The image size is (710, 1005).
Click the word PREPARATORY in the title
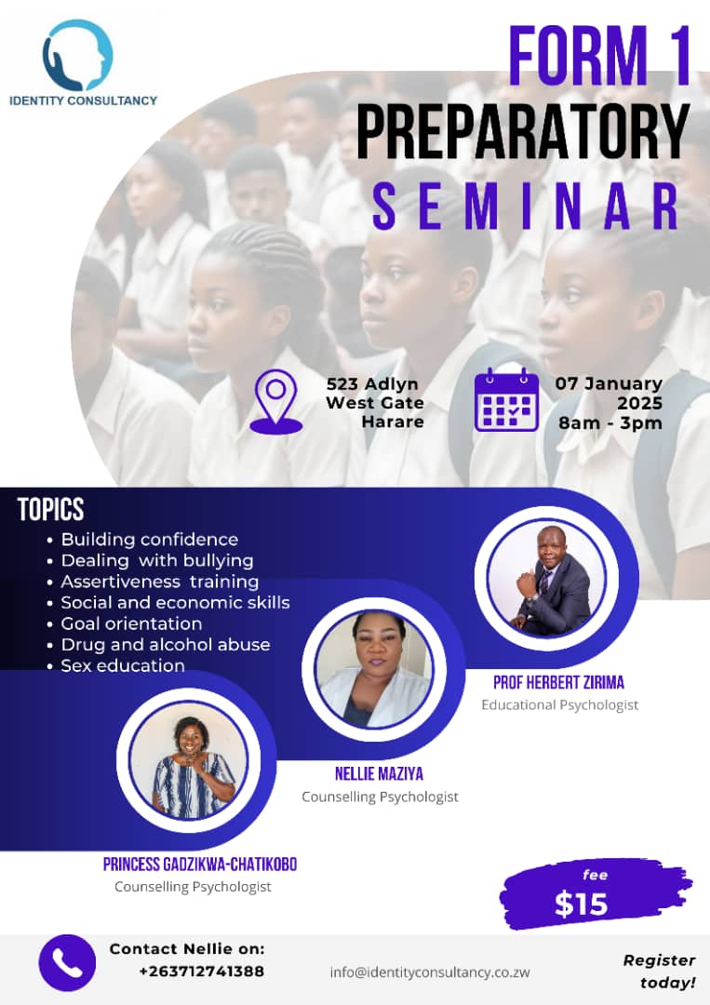pos(523,133)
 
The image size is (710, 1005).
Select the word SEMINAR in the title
pos(527,207)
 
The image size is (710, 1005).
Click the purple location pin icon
pos(276,401)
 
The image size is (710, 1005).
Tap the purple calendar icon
pos(506,400)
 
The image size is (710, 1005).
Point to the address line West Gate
pos(375,403)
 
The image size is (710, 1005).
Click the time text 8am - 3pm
pos(610,423)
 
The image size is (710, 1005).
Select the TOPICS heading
pos(50,510)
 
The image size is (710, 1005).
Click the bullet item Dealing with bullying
pos(156,560)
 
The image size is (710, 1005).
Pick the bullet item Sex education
pos(123,665)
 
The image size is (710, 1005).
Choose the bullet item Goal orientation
pos(131,623)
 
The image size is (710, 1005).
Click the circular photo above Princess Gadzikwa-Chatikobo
pos(192,758)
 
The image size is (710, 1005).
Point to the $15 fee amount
pos(582,904)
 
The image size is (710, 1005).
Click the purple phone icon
pos(67,962)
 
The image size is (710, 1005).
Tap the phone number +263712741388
pos(201,971)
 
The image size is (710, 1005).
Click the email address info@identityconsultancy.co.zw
pos(430,971)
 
